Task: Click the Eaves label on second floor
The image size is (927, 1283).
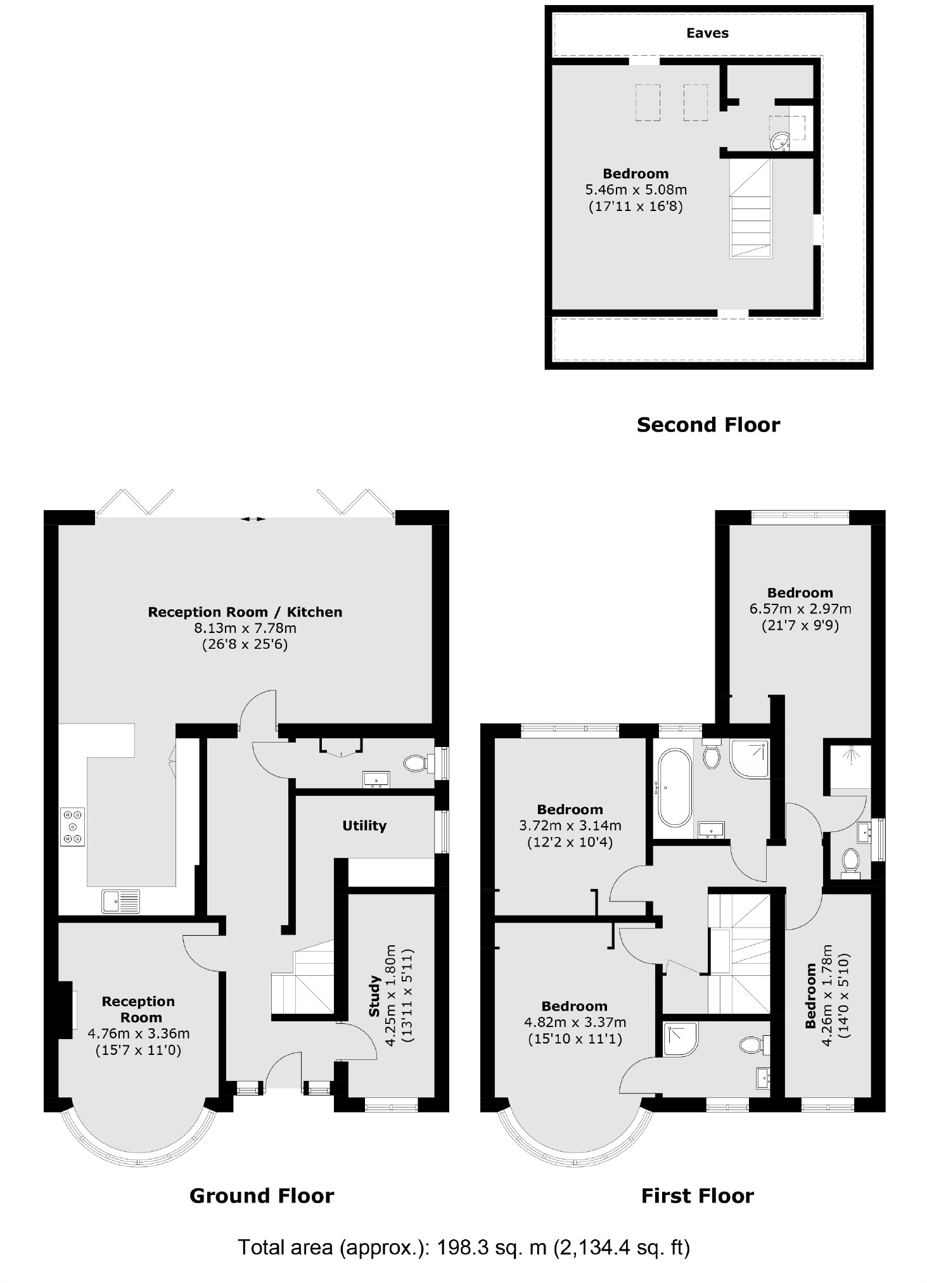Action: (x=707, y=33)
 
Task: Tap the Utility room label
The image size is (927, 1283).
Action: (x=364, y=826)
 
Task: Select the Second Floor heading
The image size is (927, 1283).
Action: (x=708, y=424)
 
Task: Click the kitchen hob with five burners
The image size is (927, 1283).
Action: (x=72, y=827)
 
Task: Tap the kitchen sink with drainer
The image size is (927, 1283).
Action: (x=120, y=901)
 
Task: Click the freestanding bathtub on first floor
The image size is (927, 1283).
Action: (x=673, y=788)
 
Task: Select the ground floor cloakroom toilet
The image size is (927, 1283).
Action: (x=416, y=763)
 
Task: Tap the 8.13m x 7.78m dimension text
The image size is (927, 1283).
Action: (x=245, y=629)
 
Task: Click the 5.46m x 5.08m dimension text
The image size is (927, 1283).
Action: (x=636, y=189)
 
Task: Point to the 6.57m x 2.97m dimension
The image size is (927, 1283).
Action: (x=800, y=609)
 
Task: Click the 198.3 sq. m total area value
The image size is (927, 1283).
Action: (x=491, y=1248)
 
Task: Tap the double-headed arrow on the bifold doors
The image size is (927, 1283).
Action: (x=253, y=519)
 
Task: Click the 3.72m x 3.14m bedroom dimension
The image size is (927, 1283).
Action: (x=570, y=826)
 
